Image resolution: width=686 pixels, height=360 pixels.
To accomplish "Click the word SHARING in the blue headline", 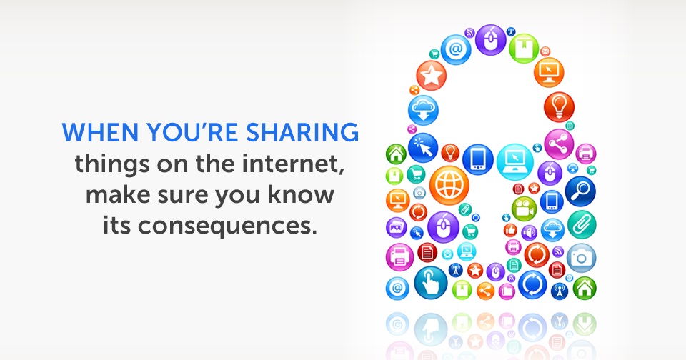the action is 302,132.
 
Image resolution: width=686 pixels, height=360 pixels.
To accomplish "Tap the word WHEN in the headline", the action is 100,132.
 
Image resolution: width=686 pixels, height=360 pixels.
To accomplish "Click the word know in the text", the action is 301,194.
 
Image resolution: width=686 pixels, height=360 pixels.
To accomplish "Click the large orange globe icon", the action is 449,185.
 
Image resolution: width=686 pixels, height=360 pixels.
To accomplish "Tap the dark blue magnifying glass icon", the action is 580,191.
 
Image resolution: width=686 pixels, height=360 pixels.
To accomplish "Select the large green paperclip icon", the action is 582,225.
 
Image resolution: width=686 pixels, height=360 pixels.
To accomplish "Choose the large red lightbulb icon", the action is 559,106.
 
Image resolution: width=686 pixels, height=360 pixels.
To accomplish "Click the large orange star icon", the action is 431,76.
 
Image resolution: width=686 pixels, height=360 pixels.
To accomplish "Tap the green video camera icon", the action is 524,209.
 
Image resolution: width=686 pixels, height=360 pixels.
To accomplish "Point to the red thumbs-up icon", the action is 510,230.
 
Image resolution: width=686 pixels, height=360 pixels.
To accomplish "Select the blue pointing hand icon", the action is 431,283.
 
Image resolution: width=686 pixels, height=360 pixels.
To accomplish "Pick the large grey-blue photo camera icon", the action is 582,258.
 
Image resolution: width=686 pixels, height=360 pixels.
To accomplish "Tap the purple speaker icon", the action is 529,233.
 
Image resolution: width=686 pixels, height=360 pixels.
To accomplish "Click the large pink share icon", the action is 559,144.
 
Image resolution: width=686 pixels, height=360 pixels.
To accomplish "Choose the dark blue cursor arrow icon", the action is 422,148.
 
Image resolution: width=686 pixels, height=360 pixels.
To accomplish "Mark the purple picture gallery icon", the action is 397,228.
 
